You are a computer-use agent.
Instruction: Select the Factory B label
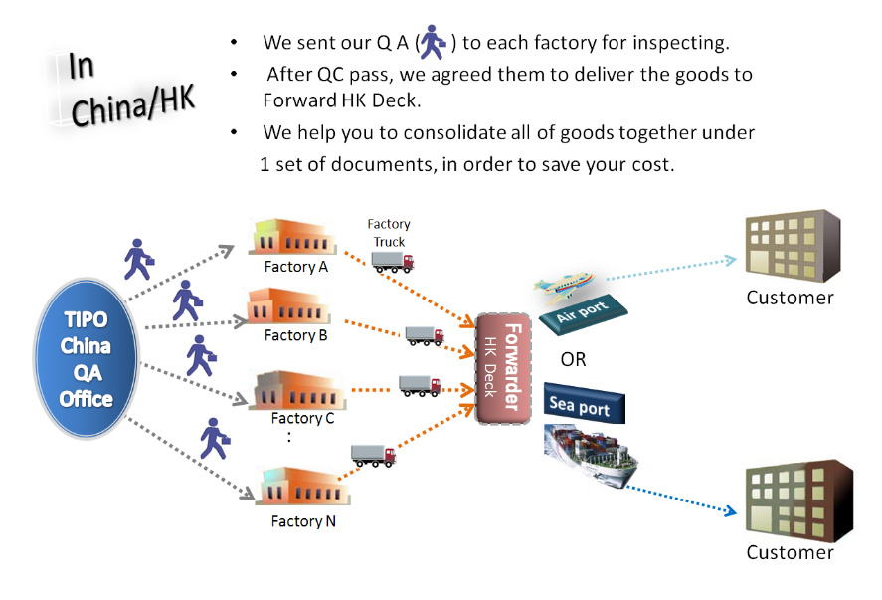(295, 335)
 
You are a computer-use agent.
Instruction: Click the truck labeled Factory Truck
(392, 261)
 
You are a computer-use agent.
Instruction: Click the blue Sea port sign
(585, 404)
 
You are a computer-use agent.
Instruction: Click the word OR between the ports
(573, 359)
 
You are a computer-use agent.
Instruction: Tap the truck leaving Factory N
(374, 456)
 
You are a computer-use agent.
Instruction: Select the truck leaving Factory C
(419, 385)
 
